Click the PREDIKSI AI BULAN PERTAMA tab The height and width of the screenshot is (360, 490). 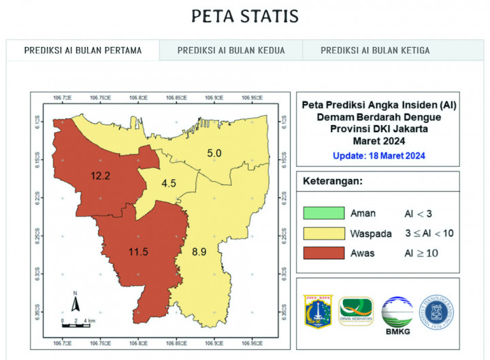[82, 50]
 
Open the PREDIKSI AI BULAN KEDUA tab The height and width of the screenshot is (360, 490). [231, 50]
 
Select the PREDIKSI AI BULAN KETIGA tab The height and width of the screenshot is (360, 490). [375, 50]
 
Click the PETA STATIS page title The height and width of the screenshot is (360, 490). [244, 16]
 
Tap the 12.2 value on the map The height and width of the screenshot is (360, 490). [101, 176]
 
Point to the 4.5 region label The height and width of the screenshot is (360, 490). [169, 182]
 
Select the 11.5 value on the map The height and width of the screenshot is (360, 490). [138, 252]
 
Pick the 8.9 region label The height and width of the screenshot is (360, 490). [198, 252]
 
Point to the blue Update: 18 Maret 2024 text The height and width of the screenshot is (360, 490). [379, 156]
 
